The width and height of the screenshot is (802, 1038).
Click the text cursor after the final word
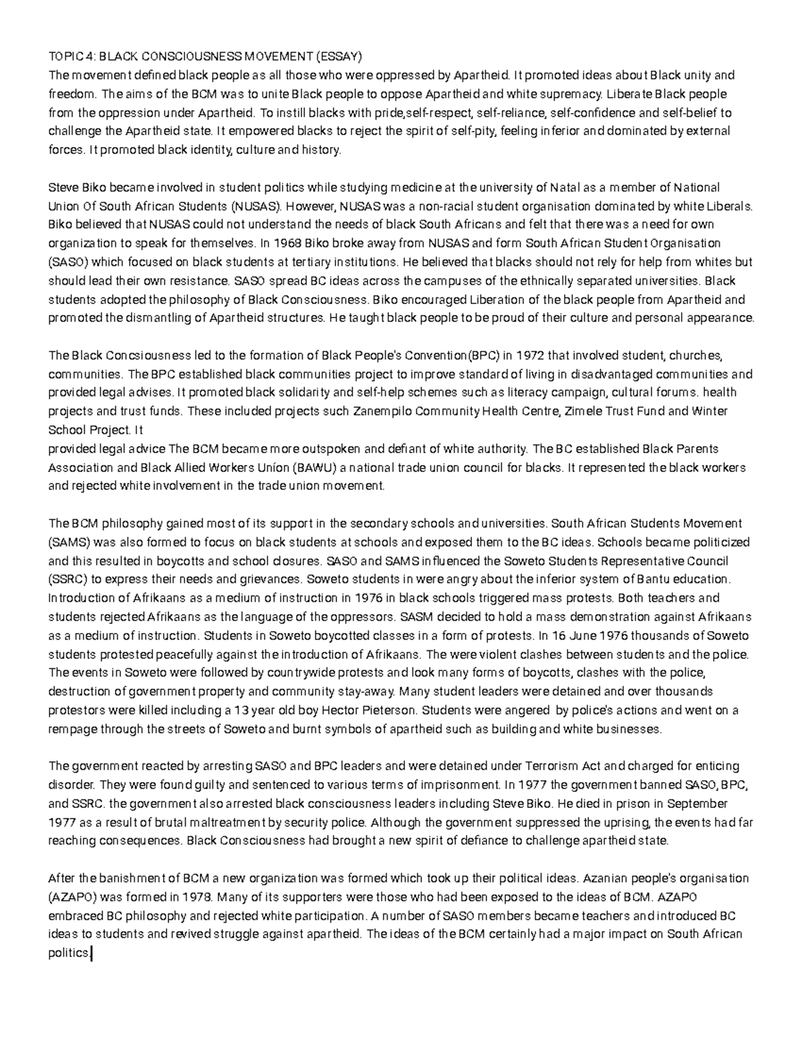[x=90, y=954]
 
